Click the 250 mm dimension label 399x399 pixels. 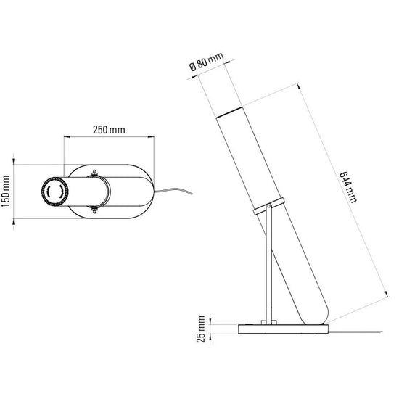tap(109, 130)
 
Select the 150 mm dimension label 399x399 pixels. tap(6, 191)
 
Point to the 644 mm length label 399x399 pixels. tap(348, 187)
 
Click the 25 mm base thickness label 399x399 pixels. tap(201, 329)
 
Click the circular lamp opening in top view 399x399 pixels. tap(54, 191)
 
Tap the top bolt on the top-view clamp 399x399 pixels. tap(94, 173)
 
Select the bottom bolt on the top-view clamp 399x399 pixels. tap(94, 210)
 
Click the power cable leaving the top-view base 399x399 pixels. tap(173, 190)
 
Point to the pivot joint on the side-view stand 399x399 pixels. tap(268, 206)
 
